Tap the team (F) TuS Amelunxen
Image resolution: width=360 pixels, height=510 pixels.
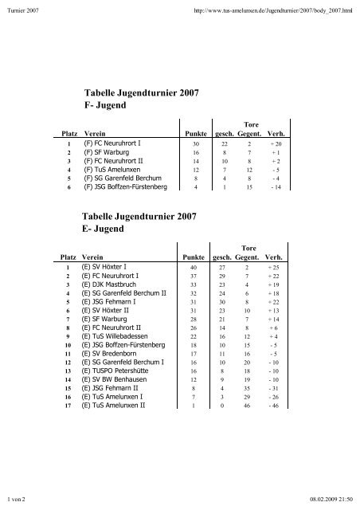(x=119, y=169)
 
